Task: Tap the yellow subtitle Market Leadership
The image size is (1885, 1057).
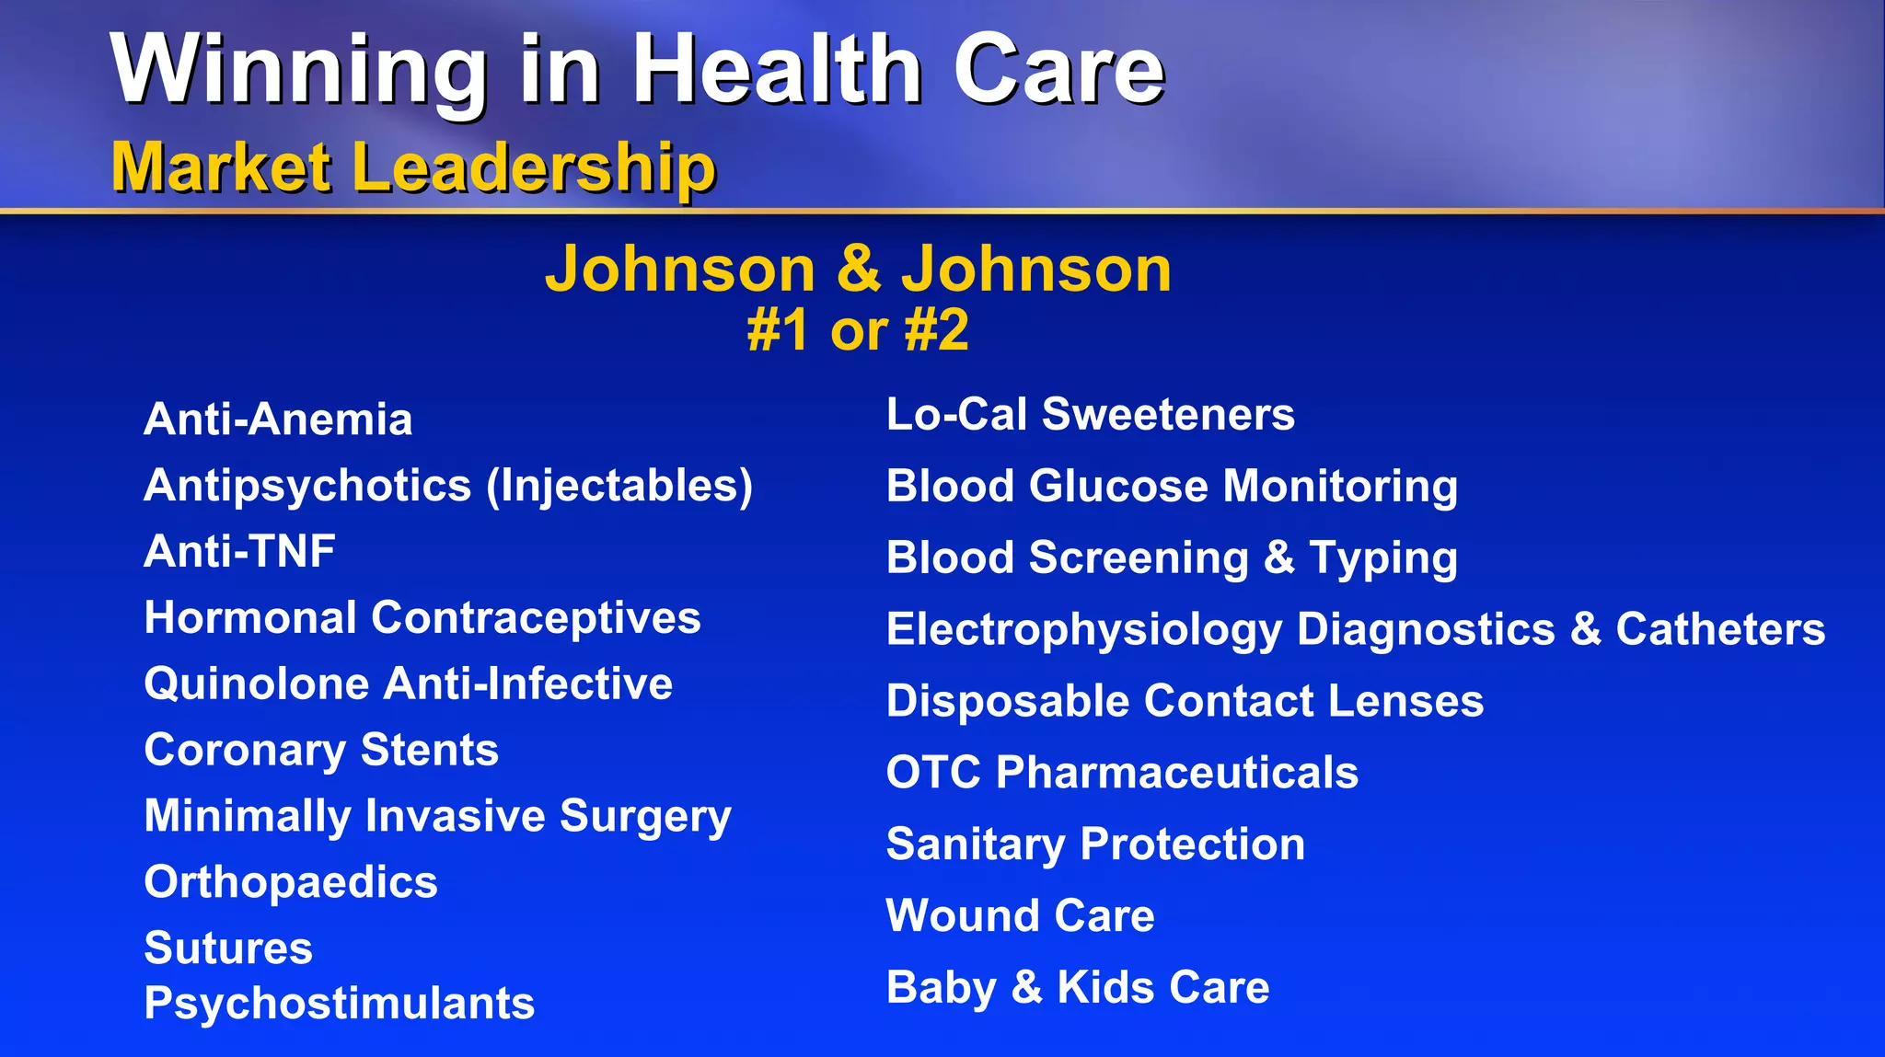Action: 413,167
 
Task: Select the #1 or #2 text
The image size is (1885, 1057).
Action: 858,330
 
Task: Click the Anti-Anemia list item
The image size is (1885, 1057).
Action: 278,419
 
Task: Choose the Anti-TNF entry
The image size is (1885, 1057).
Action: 239,552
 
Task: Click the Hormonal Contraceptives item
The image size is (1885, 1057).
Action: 422,617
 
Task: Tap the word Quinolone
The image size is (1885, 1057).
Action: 257,684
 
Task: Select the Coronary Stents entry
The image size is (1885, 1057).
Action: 321,750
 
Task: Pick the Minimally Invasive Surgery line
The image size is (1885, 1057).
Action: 438,816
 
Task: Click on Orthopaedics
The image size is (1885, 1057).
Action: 291,882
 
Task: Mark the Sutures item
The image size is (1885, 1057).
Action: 228,948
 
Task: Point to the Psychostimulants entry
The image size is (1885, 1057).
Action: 339,1004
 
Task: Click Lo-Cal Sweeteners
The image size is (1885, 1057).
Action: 1090,415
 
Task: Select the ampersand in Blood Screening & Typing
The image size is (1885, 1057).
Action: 1279,557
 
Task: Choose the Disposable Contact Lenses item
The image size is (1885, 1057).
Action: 1185,701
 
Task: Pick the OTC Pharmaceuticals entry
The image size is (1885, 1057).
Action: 1122,773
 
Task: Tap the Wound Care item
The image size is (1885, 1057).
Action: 1020,916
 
